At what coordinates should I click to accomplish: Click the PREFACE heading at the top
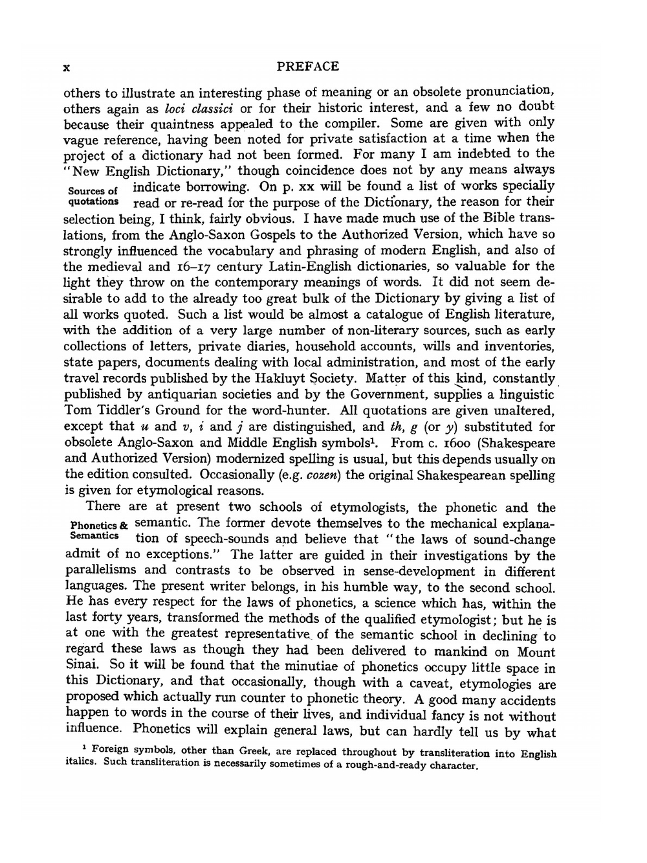(307, 67)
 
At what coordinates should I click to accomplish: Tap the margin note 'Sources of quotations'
(93, 196)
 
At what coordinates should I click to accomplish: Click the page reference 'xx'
(303, 187)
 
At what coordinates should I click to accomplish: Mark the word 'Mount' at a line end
(536, 652)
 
